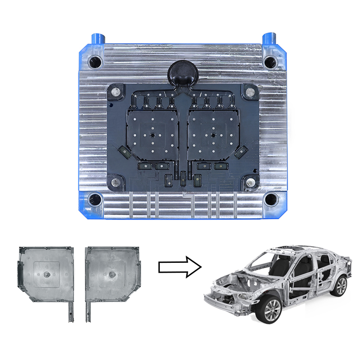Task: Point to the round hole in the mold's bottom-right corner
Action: pyautogui.click(x=270, y=198)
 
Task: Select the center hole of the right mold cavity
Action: pyautogui.click(x=211, y=135)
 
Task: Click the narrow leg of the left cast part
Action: pyautogui.click(x=70, y=311)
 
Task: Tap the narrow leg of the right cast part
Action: pyautogui.click(x=88, y=311)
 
